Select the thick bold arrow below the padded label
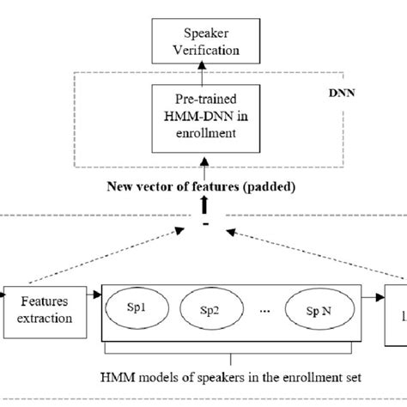[x=203, y=205]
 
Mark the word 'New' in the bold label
[x=125, y=185]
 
